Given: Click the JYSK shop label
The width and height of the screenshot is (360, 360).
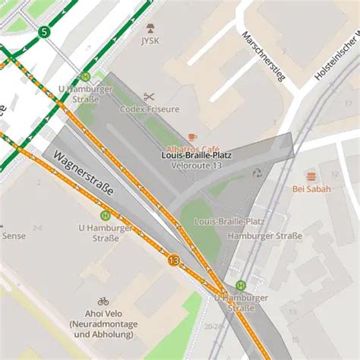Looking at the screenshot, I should [150, 41].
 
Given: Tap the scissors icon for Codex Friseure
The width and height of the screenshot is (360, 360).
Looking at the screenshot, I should [149, 96].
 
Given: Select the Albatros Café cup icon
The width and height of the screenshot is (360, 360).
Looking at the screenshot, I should [192, 137].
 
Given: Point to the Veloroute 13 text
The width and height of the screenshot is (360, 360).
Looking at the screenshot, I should [197, 165].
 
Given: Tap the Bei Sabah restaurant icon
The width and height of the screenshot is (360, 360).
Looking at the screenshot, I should [311, 176].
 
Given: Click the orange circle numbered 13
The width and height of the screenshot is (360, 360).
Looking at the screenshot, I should [174, 261].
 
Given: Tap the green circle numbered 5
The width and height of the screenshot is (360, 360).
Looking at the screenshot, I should [44, 32].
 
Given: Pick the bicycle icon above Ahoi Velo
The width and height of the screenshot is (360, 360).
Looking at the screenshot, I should [103, 302].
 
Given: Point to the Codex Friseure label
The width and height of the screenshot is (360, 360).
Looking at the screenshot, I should [150, 109].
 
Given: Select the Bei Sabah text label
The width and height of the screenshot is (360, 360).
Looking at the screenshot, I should [311, 189].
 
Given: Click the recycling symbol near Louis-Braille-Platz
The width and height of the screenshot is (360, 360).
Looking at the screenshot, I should [257, 173].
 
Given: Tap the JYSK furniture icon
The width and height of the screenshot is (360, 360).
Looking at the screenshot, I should [150, 28].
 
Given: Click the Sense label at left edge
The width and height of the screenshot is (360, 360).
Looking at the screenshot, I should [13, 236].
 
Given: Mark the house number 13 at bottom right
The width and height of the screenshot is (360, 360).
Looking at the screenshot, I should [292, 312].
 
